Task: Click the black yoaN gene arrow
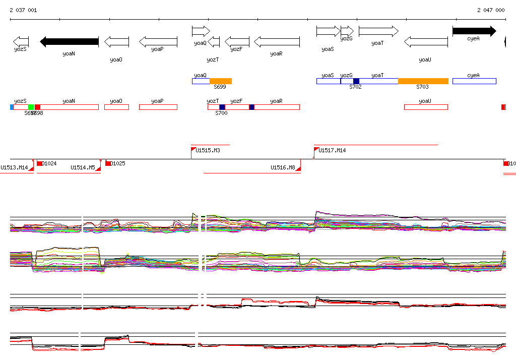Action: pos(69,41)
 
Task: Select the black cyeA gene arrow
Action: pos(474,31)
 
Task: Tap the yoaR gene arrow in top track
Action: pos(277,41)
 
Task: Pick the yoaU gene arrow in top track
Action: pos(426,41)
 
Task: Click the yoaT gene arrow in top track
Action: pos(378,31)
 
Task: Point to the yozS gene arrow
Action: pos(21,41)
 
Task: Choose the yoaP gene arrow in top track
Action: pos(158,41)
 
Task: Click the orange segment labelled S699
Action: pos(221,81)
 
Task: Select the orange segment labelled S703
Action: pos(423,81)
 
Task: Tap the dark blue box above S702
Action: pos(356,81)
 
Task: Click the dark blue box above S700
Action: pos(222,107)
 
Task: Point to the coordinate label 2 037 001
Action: pos(23,10)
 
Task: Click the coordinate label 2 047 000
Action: pos(491,10)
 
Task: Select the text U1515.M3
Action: pos(208,150)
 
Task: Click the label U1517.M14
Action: pos(332,150)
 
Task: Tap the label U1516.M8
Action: pos(283,167)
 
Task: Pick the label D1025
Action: pos(118,163)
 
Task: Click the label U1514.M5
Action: pos(83,167)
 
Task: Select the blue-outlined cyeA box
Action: pos(474,81)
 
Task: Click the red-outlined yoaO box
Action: pos(116,107)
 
